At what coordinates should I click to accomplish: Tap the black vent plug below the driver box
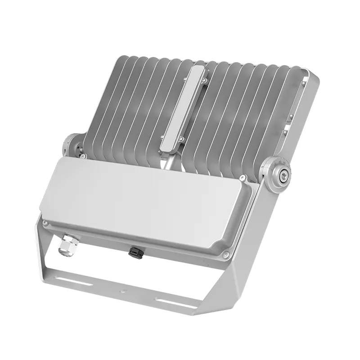134,250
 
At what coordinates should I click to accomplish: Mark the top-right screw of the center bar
205,81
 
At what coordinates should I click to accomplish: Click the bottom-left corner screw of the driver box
45,223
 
